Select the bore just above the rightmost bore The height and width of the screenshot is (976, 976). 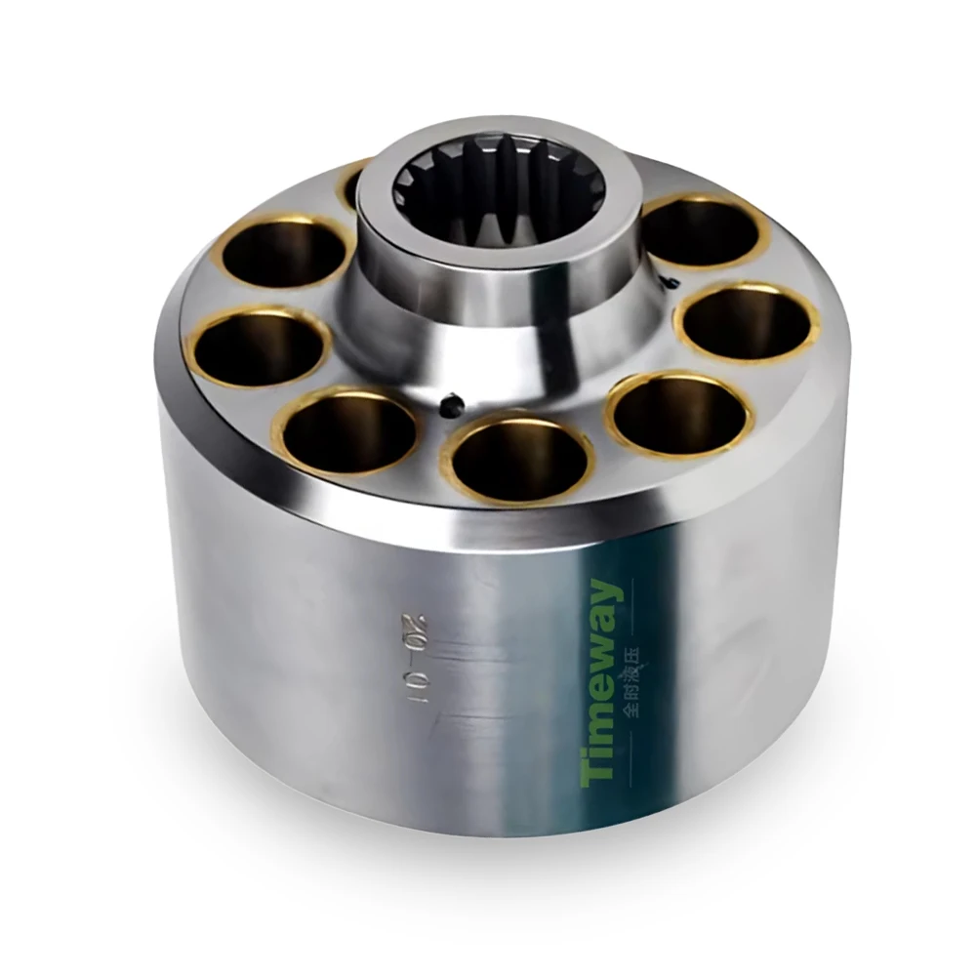703,232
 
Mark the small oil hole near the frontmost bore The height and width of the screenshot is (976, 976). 450,401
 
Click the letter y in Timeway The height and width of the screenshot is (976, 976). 607,595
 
